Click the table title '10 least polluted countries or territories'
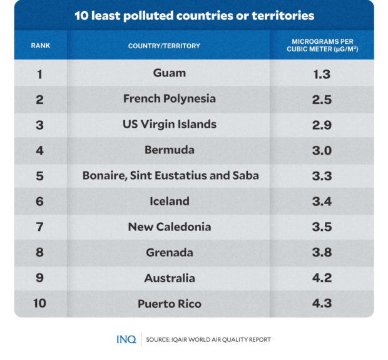click(x=194, y=16)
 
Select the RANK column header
click(x=40, y=46)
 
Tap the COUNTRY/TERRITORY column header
click(x=164, y=46)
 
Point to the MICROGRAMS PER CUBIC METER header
click(x=322, y=46)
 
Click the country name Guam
click(x=169, y=73)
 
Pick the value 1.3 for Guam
click(x=322, y=73)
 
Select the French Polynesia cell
click(x=169, y=98)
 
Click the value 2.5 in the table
click(x=322, y=99)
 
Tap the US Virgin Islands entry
click(x=169, y=124)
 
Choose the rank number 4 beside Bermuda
click(x=39, y=150)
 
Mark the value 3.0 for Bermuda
click(x=322, y=150)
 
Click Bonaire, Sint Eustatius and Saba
click(x=170, y=176)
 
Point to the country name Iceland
click(x=169, y=201)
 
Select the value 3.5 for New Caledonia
click(x=322, y=227)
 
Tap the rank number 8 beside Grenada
click(x=39, y=253)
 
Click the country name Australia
click(x=169, y=278)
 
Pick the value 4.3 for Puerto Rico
click(x=322, y=304)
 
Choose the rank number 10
click(x=39, y=304)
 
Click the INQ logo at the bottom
click(x=126, y=339)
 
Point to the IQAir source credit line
click(x=208, y=340)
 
